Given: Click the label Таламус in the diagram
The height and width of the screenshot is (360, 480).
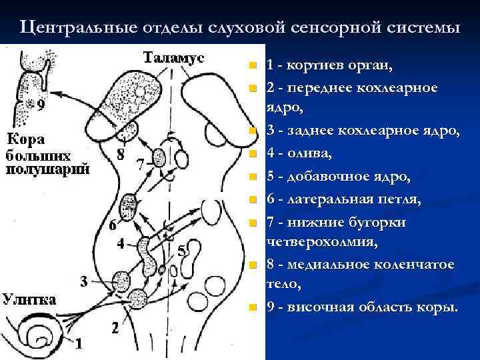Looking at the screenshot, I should pos(173,57).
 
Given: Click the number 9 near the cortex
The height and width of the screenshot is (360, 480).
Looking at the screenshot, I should pos(41,105).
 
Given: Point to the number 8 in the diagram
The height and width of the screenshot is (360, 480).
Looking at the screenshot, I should pos(120,155).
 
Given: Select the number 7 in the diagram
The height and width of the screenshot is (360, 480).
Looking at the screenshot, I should pos(140,163).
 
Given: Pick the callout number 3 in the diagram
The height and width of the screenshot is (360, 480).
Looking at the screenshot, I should pos(83,281).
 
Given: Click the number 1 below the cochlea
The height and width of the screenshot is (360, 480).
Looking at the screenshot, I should pos(79,344).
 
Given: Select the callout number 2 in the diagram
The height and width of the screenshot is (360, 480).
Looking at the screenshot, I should pos(115,329).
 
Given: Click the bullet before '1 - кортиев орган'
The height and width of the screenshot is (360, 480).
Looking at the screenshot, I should pos(251,66).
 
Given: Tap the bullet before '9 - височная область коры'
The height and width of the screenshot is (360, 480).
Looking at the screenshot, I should pos(251,308).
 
